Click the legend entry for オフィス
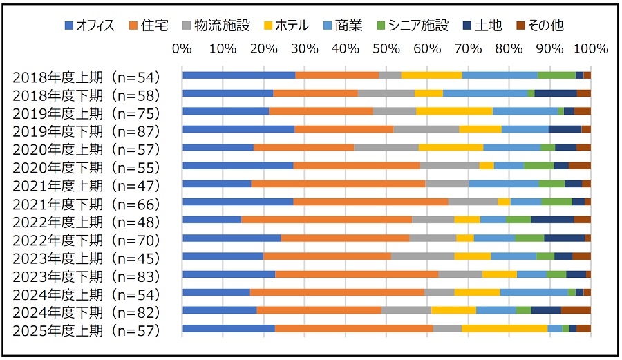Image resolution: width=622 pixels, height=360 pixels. [90, 26]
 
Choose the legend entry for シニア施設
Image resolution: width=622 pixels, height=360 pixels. [415, 26]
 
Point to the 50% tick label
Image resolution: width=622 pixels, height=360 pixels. [386, 49]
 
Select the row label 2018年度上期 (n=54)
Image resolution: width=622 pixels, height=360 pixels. [86, 77]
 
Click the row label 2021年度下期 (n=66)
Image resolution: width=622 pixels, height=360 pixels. [86, 204]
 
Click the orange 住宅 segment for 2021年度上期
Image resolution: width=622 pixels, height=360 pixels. [338, 184]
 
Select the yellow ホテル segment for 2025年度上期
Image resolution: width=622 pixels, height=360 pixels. [505, 328]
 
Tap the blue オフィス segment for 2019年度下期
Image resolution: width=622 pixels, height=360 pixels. [238, 129]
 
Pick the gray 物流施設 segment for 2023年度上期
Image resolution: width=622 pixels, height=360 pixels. [422, 256]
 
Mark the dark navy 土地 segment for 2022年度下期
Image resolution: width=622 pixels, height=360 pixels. [564, 238]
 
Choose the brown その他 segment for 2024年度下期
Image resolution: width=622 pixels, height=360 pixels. [576, 310]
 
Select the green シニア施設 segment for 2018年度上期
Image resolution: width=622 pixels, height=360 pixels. [556, 75]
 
